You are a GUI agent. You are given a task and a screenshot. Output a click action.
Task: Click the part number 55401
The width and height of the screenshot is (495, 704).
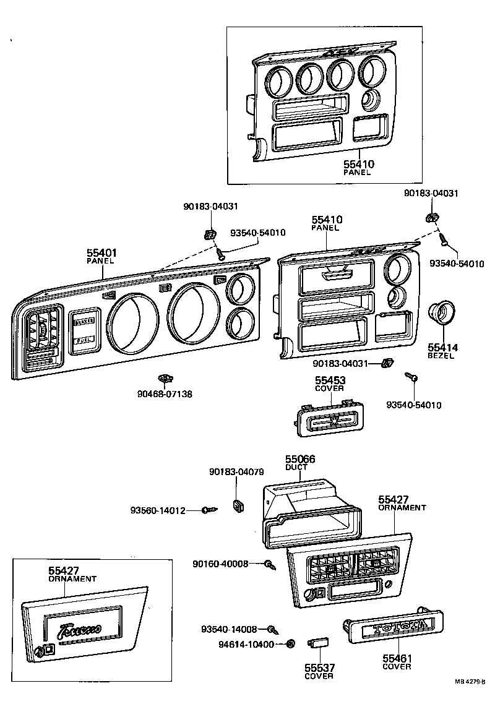(101, 252)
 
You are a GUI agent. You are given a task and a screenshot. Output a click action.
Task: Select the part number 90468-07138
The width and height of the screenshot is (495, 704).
(165, 393)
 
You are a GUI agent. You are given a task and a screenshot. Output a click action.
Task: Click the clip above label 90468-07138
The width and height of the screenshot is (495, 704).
(164, 377)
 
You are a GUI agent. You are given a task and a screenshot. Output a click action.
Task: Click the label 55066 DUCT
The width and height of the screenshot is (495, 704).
(299, 463)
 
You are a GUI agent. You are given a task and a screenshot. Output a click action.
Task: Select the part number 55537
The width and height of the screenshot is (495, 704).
(319, 668)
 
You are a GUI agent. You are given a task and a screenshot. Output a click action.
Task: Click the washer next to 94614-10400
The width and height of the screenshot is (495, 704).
(290, 644)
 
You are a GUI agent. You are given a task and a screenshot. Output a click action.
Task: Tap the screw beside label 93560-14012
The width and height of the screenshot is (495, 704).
(210, 510)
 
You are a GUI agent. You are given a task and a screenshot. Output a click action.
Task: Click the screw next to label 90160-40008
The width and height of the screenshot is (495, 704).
(270, 564)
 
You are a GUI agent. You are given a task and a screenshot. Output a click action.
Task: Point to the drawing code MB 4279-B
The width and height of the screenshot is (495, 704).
(475, 682)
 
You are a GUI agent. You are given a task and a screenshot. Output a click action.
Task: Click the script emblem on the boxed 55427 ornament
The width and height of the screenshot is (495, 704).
(80, 631)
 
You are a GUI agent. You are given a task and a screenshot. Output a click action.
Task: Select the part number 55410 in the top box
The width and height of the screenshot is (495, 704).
(359, 165)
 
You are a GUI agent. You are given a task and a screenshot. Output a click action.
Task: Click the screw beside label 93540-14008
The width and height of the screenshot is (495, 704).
(272, 630)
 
